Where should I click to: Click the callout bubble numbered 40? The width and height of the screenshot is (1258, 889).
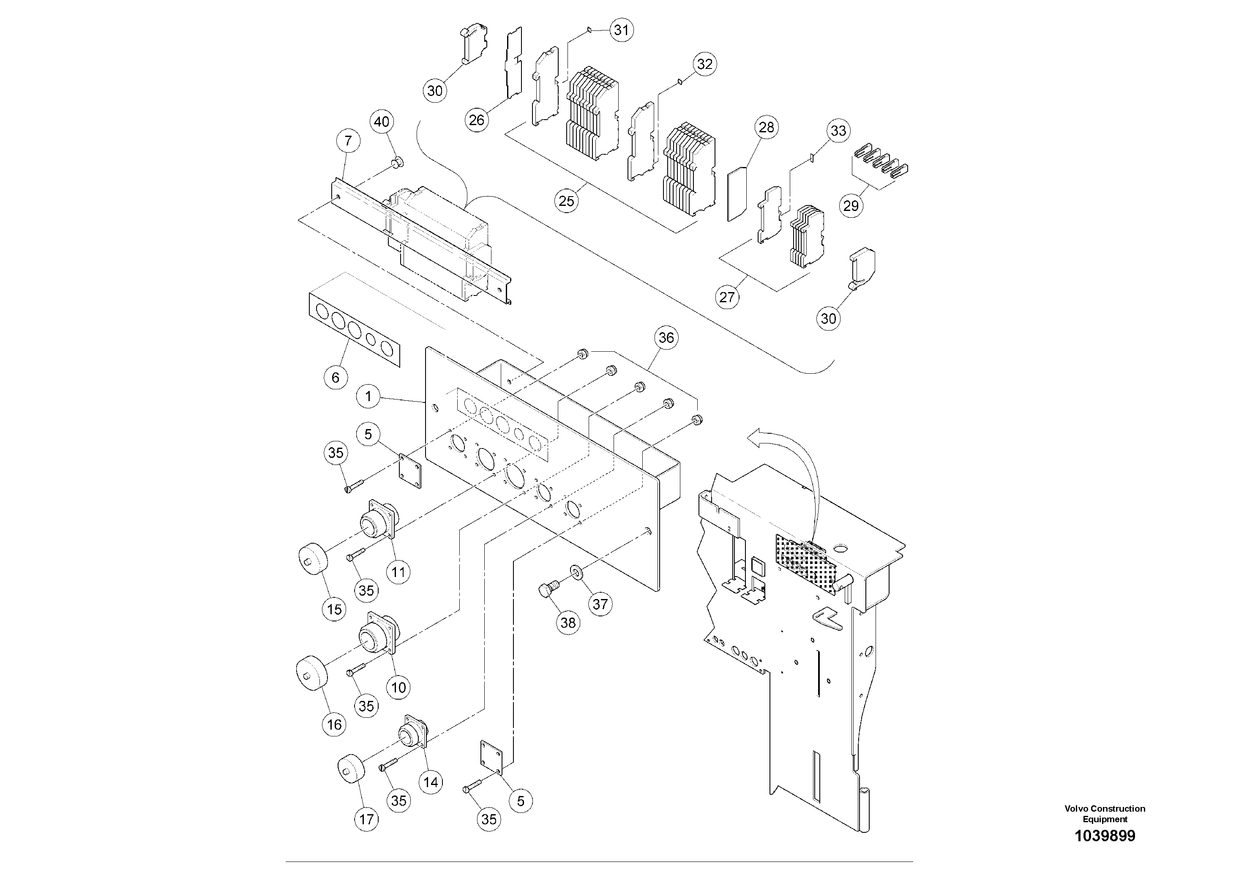click(x=382, y=122)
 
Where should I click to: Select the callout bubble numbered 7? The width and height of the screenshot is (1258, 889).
click(x=349, y=141)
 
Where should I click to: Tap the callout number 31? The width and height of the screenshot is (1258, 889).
click(x=621, y=30)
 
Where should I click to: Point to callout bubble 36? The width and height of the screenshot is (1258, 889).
click(x=666, y=338)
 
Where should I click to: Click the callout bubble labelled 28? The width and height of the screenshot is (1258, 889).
click(x=766, y=127)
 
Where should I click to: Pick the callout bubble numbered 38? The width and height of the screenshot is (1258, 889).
click(x=568, y=623)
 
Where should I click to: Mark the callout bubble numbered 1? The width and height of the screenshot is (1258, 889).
click(x=368, y=396)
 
